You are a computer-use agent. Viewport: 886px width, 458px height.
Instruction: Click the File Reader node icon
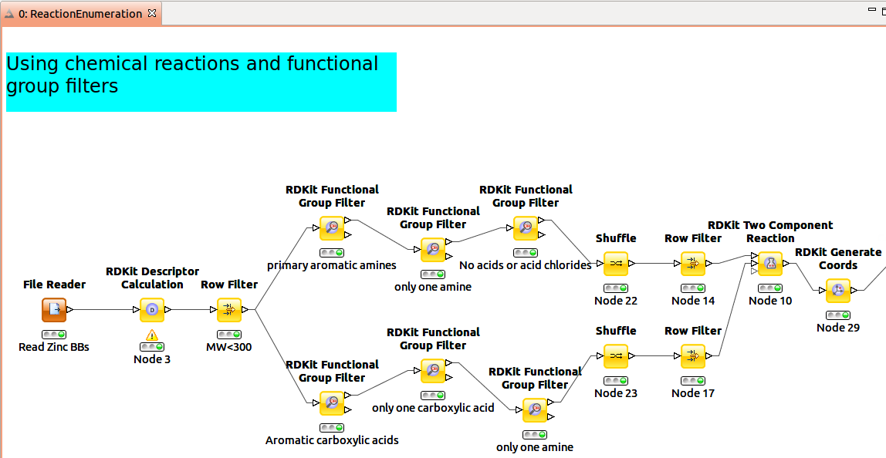pos(54,310)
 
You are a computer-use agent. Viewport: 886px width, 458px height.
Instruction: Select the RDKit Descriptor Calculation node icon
pos(152,310)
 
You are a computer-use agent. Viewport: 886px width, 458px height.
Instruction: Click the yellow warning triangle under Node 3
pos(152,335)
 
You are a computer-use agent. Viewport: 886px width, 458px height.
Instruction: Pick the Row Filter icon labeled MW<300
pos(229,310)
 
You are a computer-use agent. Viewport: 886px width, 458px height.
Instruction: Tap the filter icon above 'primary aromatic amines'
pos(332,228)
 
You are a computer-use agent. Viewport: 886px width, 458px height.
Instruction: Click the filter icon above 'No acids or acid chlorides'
pos(526,228)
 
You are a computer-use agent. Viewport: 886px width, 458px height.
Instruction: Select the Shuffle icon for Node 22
pos(616,264)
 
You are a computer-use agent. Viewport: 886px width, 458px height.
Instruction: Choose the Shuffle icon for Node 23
pos(616,356)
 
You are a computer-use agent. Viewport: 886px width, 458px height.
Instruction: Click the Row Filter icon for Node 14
pos(693,264)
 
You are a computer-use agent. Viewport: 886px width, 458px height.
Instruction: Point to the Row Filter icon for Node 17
pos(693,356)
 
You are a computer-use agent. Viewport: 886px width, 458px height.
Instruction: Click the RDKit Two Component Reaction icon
pos(770,264)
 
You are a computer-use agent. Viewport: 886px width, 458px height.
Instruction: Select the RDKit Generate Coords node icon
pos(838,291)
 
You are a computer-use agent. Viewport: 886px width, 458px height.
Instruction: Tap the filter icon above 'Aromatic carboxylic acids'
pos(332,403)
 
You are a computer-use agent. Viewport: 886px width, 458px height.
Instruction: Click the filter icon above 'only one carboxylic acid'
pos(433,371)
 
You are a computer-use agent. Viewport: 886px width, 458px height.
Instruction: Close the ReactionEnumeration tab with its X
pos(152,14)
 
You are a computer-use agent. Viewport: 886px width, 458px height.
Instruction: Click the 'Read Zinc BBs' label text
pos(54,347)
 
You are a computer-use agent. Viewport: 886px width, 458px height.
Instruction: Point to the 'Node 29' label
pos(838,328)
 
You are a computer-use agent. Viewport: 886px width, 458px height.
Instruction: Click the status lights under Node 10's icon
pos(770,288)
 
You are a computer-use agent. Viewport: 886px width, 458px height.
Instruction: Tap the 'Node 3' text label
pos(152,359)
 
